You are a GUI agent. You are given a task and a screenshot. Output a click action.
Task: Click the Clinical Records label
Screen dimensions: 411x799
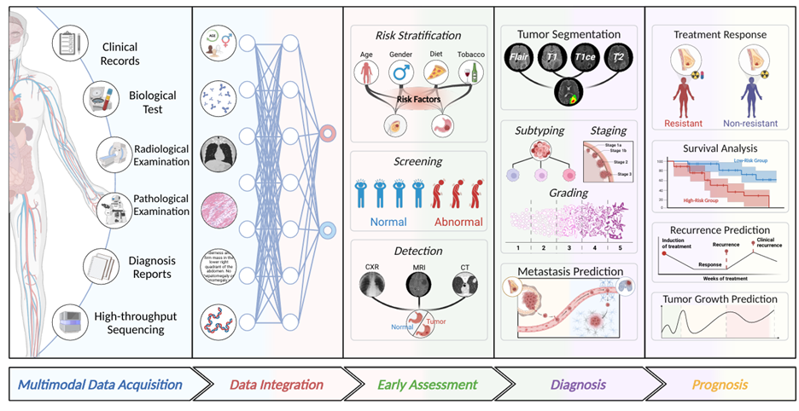(x=120, y=54)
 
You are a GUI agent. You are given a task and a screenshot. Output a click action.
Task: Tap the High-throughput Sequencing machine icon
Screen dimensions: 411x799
(x=68, y=322)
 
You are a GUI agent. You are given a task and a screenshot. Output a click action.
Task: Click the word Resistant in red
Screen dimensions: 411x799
(x=684, y=123)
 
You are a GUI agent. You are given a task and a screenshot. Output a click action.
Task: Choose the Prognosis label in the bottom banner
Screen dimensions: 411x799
(x=714, y=384)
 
